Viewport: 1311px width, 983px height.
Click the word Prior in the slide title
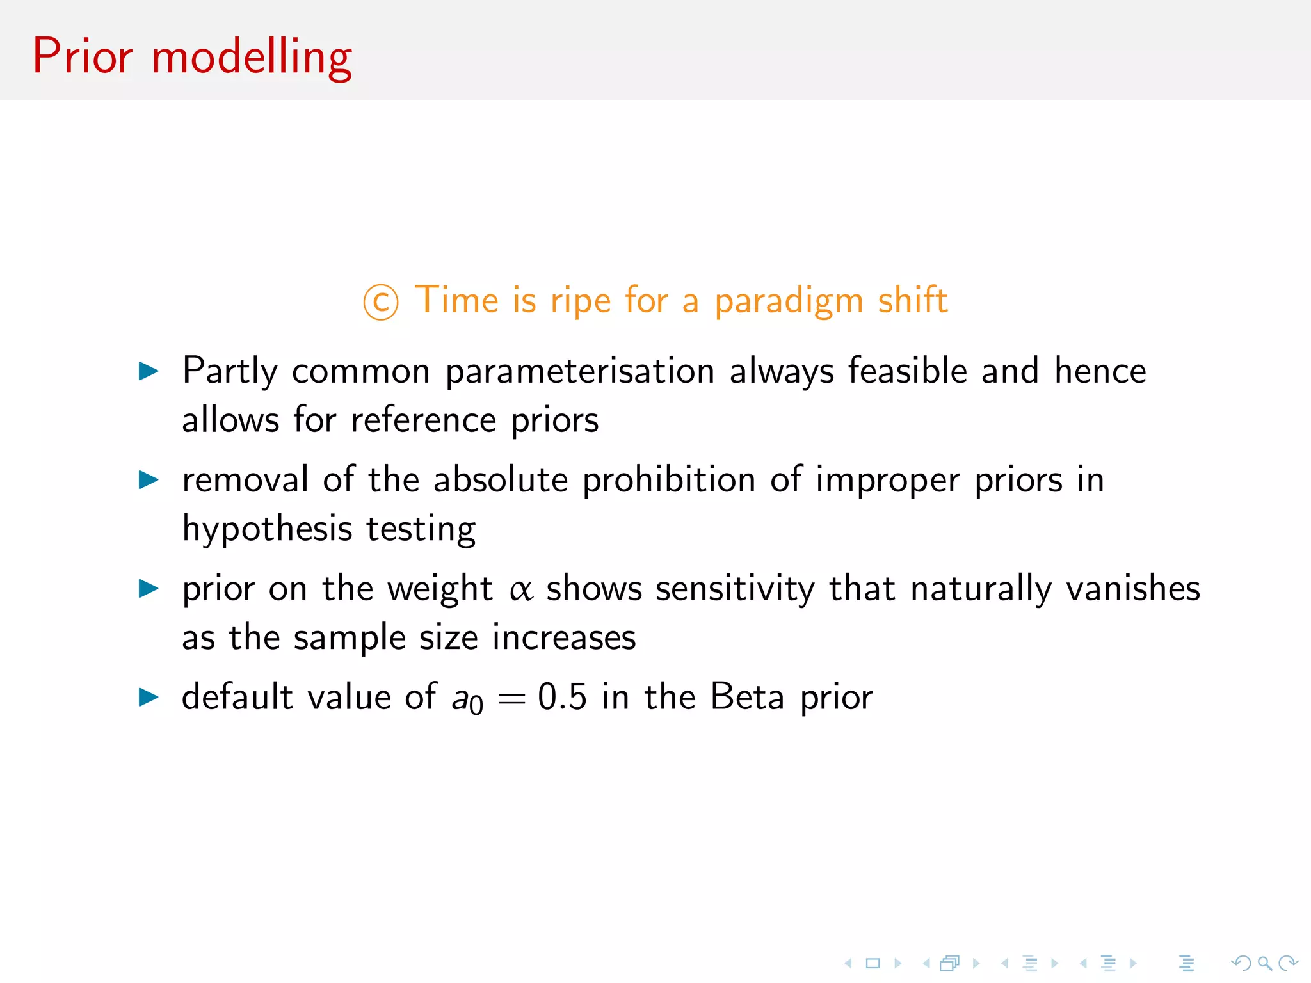point(83,56)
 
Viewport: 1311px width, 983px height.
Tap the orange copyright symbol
point(381,302)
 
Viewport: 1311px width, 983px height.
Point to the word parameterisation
point(580,372)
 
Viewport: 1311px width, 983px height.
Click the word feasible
point(908,371)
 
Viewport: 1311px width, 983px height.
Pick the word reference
point(423,420)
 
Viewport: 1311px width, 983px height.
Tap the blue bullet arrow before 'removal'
point(149,479)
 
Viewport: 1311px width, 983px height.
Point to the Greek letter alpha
point(521,589)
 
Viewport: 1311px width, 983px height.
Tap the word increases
point(564,638)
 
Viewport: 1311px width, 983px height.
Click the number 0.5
point(562,697)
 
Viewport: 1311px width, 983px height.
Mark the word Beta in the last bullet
point(747,697)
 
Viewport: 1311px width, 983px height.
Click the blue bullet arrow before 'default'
point(149,697)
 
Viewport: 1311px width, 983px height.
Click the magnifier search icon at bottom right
point(1264,963)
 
